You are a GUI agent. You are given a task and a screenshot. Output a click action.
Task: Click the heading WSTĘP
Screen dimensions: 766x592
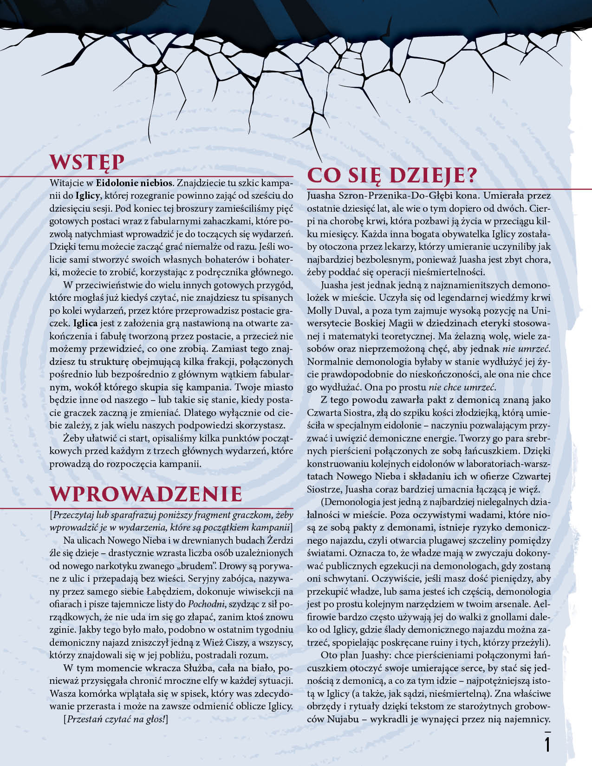tap(87, 162)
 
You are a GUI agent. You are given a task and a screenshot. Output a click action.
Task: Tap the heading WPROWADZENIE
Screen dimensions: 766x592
tap(146, 494)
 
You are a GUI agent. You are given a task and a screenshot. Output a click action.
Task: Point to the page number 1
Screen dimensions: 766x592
tap(547, 744)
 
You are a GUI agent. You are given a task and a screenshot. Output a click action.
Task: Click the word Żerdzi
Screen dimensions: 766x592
tap(279, 540)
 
